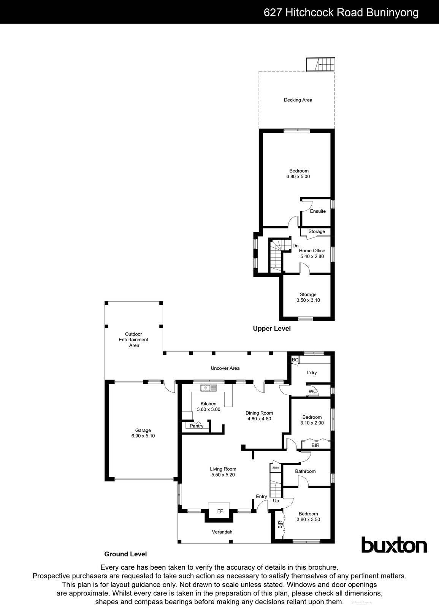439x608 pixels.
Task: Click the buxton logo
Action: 393,545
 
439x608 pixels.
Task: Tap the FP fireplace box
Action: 220,511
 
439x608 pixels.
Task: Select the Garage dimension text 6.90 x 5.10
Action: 141,436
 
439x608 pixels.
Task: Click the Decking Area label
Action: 298,100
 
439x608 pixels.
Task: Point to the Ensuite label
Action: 318,211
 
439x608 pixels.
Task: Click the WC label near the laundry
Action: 313,391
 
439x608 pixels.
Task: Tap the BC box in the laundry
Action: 295,359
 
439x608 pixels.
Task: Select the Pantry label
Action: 197,426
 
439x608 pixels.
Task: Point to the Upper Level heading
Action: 272,328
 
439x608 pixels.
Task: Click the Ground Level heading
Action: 125,554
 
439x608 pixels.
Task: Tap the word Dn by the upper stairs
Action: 295,246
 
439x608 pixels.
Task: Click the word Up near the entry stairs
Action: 276,500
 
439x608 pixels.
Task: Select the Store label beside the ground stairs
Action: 276,467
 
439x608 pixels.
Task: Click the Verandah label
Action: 222,532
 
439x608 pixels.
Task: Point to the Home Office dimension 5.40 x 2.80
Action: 312,256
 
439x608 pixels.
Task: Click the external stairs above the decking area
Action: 321,64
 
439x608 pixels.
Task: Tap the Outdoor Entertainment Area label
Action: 134,340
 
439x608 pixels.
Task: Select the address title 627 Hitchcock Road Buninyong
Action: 341,13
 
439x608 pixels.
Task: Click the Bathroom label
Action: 305,471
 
